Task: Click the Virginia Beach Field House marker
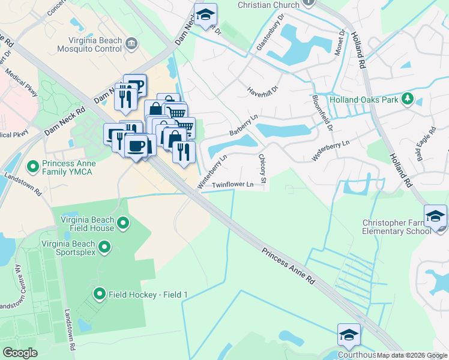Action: pyautogui.click(x=123, y=224)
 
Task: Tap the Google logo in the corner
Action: pyautogui.click(x=20, y=353)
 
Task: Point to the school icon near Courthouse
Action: pyautogui.click(x=348, y=336)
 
